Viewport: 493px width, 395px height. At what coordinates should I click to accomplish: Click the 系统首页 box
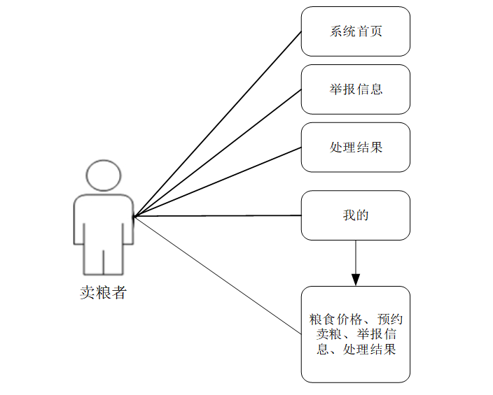pos(356,31)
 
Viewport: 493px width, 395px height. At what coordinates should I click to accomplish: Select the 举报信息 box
pos(356,89)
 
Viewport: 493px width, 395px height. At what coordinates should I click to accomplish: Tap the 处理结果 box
pos(356,148)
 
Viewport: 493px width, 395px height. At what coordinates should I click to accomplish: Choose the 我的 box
pos(356,215)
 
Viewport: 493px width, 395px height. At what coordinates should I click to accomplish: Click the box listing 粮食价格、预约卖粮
pos(356,334)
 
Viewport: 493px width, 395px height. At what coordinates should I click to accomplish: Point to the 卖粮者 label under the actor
pos(103,293)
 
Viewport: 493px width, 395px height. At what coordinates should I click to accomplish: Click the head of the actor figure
pos(104,176)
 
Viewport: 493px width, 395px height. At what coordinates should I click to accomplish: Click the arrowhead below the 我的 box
pos(356,279)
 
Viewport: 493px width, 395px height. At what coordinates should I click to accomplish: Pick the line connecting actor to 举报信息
pos(217,153)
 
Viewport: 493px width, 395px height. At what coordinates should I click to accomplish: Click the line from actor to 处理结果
pos(217,182)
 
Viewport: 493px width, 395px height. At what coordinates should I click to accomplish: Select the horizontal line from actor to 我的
pos(217,216)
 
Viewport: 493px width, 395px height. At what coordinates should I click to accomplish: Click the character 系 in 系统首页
pos(336,31)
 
